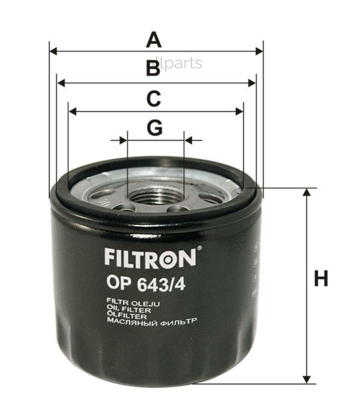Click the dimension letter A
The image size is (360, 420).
point(154,40)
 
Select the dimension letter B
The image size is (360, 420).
point(153,69)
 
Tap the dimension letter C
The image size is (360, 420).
point(153,99)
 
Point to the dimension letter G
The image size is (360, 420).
point(154,128)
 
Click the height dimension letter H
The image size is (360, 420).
point(321,279)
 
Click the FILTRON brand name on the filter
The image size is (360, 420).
point(150,258)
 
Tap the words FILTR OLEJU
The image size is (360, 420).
point(133,304)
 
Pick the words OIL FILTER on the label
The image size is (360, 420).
point(129,310)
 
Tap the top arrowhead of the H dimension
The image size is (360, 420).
point(307,192)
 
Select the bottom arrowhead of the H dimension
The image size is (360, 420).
point(307,379)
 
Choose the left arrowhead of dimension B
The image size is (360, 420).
point(61,83)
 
